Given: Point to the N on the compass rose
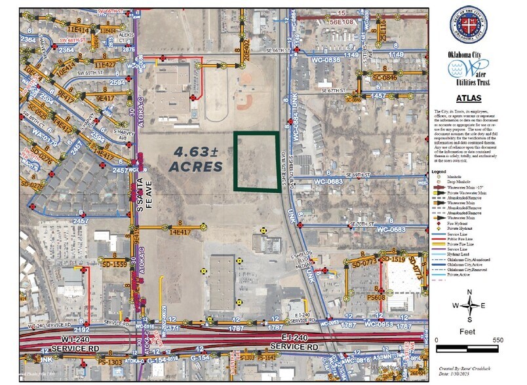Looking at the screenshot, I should (x=471, y=293).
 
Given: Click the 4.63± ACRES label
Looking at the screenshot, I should (x=196, y=159).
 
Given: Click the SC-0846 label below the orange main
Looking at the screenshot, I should (x=386, y=78).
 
